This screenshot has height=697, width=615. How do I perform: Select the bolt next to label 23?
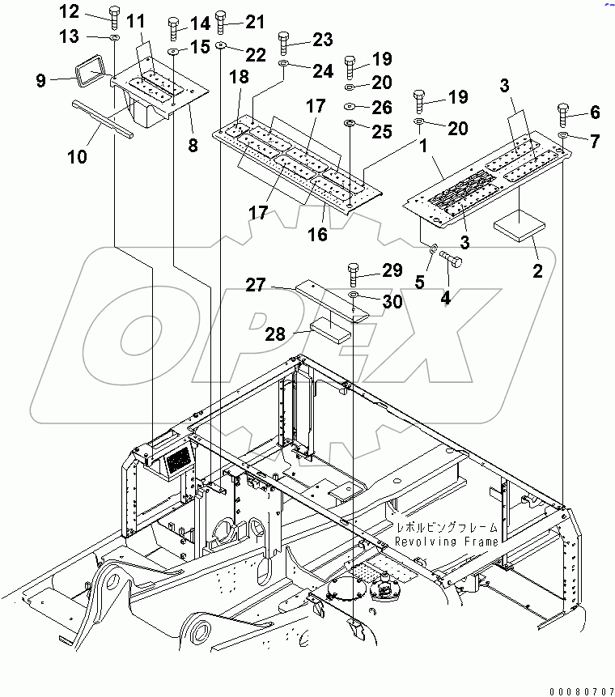283,40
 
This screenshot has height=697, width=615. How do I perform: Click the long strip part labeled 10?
102,117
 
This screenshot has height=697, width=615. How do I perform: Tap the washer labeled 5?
433,249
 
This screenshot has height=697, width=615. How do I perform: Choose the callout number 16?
317,234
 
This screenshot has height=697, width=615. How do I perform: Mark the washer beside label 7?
565,136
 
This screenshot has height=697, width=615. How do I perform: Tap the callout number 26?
381,107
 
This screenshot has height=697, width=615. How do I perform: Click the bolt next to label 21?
222,24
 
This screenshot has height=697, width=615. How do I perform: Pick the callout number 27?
256,284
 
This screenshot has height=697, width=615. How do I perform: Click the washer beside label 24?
284,63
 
